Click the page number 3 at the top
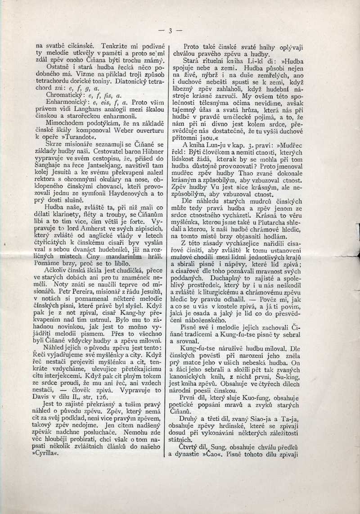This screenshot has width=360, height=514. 171,31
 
